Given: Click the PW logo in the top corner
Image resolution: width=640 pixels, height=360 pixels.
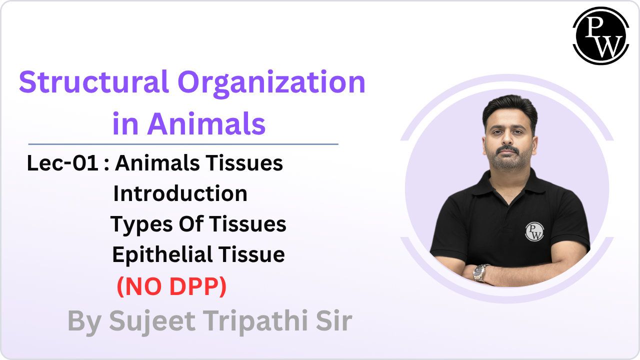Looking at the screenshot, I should (600, 35).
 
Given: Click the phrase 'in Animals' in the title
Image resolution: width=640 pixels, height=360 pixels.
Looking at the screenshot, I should (189, 123).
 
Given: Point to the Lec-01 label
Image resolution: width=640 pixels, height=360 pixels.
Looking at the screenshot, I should (62, 163).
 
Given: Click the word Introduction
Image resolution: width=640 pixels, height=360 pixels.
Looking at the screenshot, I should (180, 193).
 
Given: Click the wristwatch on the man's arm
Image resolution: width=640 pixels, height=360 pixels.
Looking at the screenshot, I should (480, 272).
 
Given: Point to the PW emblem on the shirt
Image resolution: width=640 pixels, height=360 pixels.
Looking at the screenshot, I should (534, 231).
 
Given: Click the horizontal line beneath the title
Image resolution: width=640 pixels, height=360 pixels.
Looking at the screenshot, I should (183, 144).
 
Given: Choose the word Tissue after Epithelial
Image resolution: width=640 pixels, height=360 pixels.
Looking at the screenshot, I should (255, 254).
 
